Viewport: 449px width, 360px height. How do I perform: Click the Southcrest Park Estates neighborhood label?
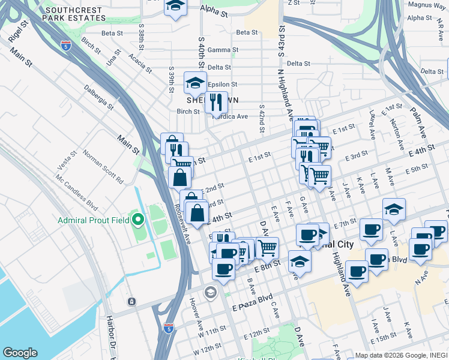[74, 14]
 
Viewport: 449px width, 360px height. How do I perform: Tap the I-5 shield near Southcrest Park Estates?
[66, 45]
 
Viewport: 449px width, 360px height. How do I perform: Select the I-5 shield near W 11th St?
[169, 328]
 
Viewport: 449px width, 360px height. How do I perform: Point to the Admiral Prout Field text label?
[94, 220]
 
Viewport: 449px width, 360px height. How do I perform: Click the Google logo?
[20, 353]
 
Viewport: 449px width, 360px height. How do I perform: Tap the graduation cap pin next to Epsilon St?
[195, 83]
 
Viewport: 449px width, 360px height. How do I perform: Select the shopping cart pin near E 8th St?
[267, 247]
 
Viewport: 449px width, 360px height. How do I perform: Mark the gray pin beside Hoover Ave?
[210, 293]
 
